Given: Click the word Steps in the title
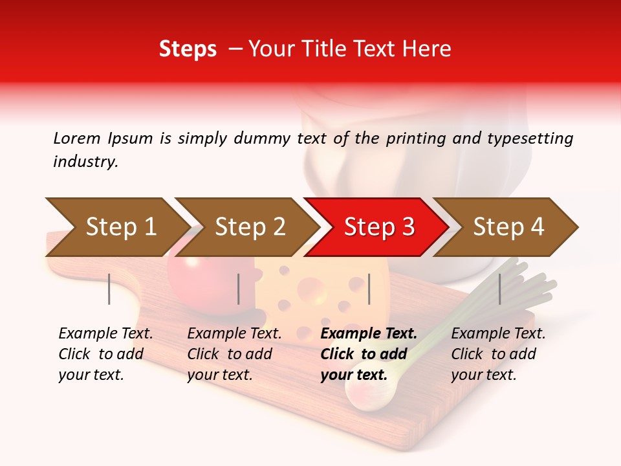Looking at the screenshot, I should [x=188, y=49].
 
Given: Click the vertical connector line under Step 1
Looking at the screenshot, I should [x=109, y=289].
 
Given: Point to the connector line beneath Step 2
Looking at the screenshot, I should [x=239, y=289].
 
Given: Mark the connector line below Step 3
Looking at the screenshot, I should [x=369, y=289].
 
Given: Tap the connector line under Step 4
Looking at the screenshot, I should [x=500, y=289].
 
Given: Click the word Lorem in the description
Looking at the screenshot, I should [x=77, y=138].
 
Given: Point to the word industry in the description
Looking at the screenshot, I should [x=85, y=162].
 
